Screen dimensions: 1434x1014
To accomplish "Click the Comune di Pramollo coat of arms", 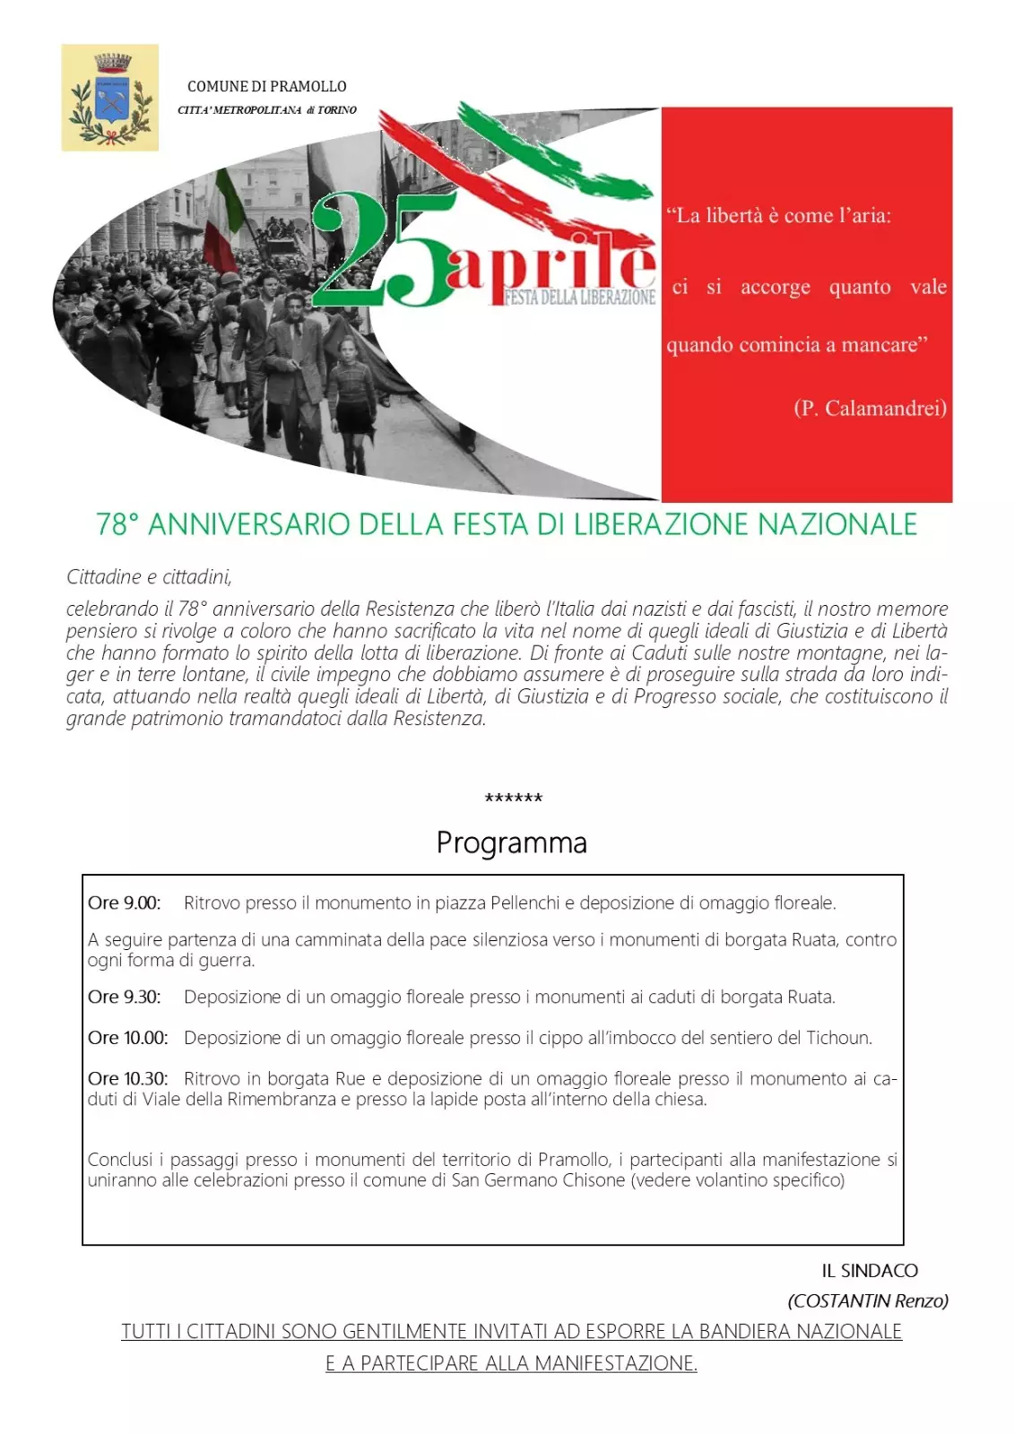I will pyautogui.click(x=110, y=98).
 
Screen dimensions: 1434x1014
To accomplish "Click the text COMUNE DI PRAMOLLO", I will pyautogui.click(x=266, y=87).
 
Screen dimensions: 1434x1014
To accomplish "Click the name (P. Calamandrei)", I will pyautogui.click(x=870, y=409).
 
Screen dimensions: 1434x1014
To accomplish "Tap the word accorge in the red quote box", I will pyautogui.click(x=775, y=288).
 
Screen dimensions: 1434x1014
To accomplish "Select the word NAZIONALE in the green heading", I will pyautogui.click(x=837, y=524).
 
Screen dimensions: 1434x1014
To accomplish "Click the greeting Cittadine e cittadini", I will pyautogui.click(x=149, y=577).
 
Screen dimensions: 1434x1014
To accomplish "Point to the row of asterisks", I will pyautogui.click(x=513, y=799).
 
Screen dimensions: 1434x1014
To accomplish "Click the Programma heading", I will pyautogui.click(x=511, y=843).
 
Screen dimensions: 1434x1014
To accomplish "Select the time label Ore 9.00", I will pyautogui.click(x=124, y=903).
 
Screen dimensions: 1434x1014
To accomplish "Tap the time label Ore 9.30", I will pyautogui.click(x=124, y=998).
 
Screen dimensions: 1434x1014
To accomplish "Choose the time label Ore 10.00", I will pyautogui.click(x=127, y=1038).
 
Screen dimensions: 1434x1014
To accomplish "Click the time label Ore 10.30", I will pyautogui.click(x=127, y=1079).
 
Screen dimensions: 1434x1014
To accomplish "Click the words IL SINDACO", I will pyautogui.click(x=870, y=1271).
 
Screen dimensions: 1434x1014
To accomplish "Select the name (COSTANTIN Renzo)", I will pyautogui.click(x=867, y=1301).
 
